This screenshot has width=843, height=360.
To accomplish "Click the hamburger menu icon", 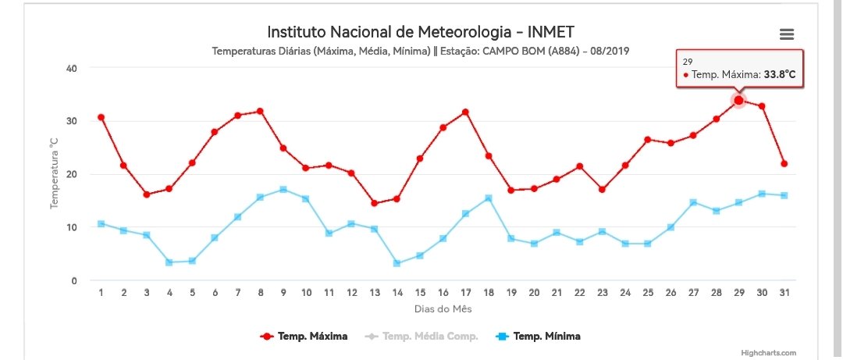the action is click(787, 34).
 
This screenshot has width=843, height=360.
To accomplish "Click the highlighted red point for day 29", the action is click(738, 100).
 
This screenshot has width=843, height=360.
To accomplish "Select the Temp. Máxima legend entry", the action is click(304, 337).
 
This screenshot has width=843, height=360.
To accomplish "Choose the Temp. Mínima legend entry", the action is click(537, 337).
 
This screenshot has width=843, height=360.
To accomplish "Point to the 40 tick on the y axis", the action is click(72, 69).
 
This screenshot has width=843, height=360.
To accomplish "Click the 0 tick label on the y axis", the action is click(74, 280).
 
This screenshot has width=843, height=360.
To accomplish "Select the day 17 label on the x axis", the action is click(465, 293).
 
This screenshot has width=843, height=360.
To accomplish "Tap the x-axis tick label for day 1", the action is click(101, 293).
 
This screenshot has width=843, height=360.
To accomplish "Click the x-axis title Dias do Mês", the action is click(443, 309).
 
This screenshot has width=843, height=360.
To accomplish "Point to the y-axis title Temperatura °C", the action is click(54, 173).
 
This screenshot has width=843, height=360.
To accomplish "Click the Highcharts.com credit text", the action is click(769, 353).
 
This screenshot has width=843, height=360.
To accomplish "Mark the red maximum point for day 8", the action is click(260, 112).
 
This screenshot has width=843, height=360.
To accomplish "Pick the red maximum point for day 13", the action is click(374, 203).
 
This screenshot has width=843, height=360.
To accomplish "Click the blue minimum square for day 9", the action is click(283, 190).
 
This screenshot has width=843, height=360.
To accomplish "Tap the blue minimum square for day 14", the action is click(397, 263).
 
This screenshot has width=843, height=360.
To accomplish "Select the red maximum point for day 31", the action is click(784, 163).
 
